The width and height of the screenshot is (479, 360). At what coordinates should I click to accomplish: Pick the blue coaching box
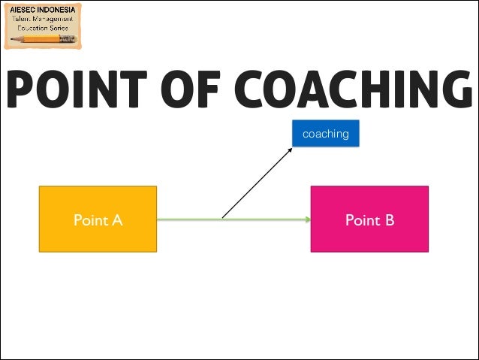(325, 134)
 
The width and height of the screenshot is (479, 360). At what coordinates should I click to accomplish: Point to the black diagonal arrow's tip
(292, 147)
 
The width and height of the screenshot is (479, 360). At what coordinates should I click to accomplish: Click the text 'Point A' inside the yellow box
(98, 220)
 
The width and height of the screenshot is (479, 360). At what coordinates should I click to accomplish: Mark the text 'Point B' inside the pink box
(369, 220)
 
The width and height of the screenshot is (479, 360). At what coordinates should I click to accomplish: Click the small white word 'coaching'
(325, 134)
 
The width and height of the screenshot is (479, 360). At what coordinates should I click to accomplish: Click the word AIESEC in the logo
(24, 10)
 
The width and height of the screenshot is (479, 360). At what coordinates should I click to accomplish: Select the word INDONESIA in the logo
(58, 10)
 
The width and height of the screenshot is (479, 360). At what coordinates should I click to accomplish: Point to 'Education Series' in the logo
(43, 28)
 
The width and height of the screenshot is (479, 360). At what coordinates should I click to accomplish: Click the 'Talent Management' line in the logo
(43, 19)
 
